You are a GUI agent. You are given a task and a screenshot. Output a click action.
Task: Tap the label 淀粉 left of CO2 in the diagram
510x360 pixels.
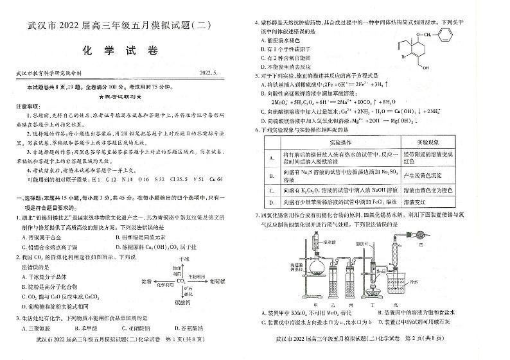point(146,281)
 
